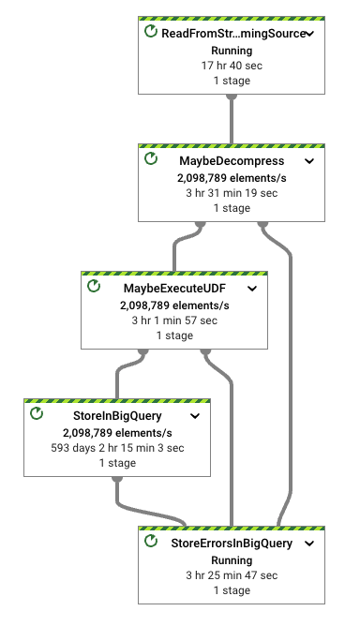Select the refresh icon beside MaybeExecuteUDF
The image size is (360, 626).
point(93,287)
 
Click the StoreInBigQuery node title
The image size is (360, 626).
point(117,415)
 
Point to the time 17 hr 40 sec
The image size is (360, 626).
point(232,66)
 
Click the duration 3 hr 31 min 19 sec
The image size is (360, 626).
point(232,193)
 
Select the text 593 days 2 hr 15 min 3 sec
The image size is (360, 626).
point(117,448)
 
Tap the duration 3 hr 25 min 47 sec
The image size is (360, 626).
point(232,575)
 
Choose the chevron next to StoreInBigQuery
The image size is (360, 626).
point(194,415)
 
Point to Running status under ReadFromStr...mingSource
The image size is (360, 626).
point(232,51)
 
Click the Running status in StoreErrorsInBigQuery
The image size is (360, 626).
point(232,559)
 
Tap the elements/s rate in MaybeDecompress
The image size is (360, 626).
point(232,177)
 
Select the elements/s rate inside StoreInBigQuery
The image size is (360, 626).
point(117,432)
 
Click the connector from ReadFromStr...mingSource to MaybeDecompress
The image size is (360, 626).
point(232,119)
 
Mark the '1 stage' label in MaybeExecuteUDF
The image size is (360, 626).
point(173,335)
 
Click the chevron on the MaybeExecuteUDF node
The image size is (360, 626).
point(251,288)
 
